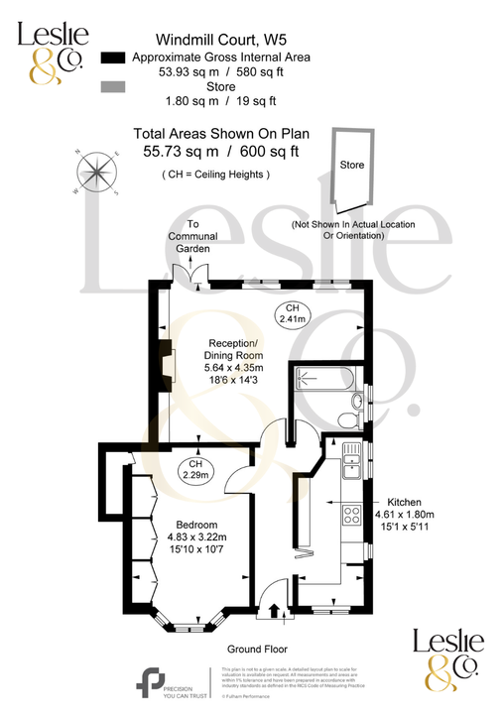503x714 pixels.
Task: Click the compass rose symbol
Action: pos(96,171)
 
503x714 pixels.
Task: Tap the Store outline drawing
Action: pos(351,168)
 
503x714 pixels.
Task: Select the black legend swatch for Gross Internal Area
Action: pos(115,58)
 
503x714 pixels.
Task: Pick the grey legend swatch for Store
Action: pos(115,87)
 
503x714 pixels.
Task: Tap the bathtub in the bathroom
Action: pos(322,380)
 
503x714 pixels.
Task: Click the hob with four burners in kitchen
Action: pos(350,515)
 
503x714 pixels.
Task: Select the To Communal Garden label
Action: pos(193,237)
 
